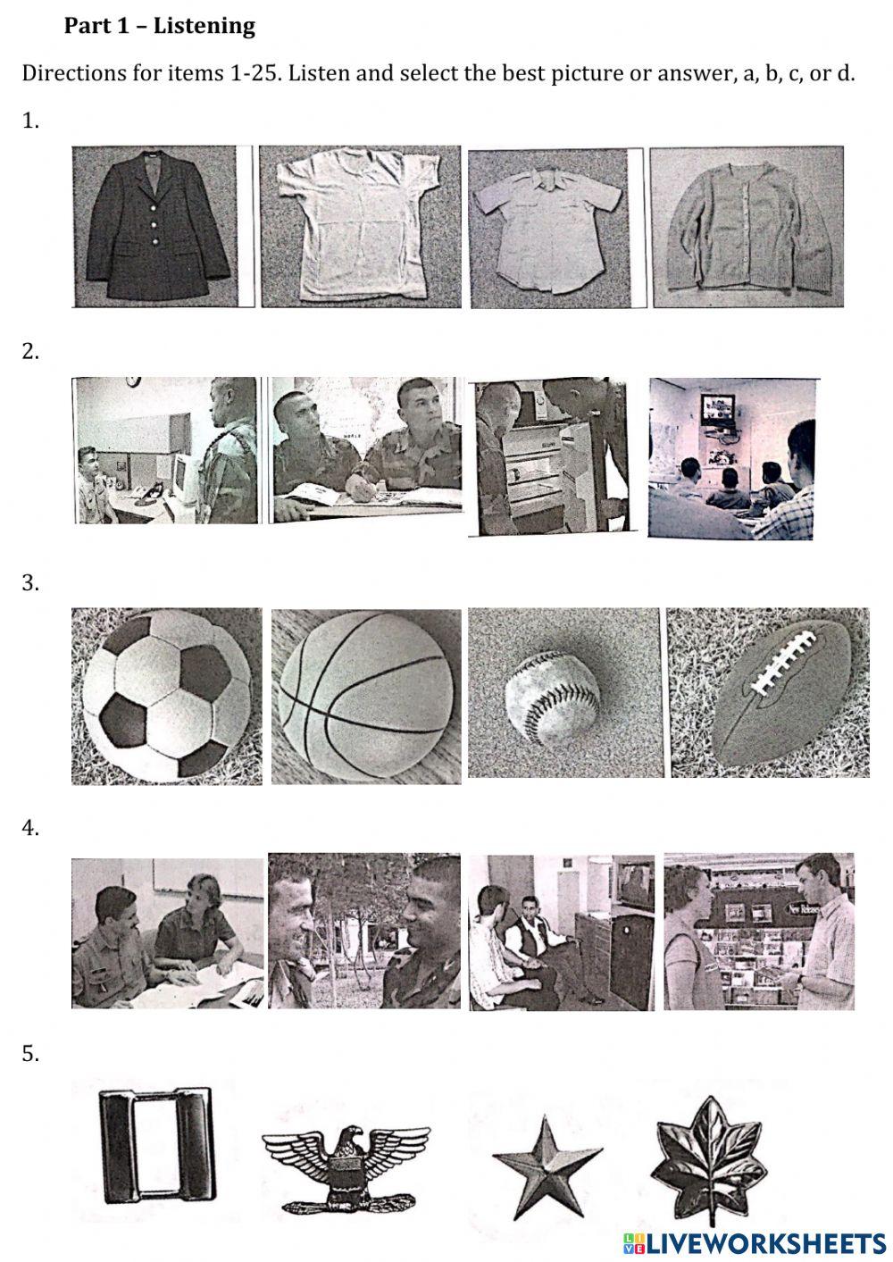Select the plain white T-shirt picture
pos(360,227)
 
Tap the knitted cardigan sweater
pos(747,227)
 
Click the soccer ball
pos(167,697)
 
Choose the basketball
pos(366,697)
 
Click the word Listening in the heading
pos(204,26)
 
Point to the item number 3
pos(29,583)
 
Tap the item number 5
pos(29,1054)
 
